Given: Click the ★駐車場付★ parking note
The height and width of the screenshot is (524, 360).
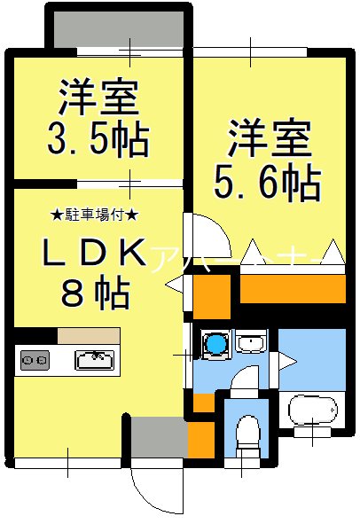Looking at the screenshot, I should (x=94, y=215).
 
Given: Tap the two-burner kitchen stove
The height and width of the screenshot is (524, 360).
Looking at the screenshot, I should (x=35, y=360).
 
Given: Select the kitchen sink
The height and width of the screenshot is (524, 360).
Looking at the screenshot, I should (x=94, y=359).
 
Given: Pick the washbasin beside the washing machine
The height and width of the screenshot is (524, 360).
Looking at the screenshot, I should (x=252, y=342).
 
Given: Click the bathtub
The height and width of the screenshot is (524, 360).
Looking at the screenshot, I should (x=313, y=410).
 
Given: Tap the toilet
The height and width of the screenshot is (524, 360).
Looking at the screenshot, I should (x=248, y=435).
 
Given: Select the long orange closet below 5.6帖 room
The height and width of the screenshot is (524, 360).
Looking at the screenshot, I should (x=292, y=287).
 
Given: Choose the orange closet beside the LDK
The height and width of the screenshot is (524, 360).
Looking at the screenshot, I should (x=211, y=295).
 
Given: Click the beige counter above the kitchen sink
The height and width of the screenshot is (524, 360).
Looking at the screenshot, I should (x=89, y=336).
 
